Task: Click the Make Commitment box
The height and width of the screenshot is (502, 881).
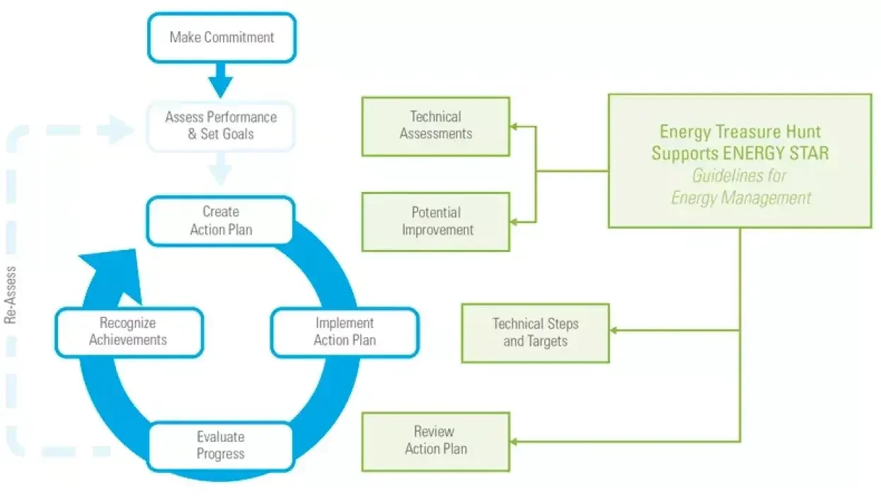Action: pyautogui.click(x=221, y=37)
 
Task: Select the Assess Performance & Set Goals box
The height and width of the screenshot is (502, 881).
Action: pyautogui.click(x=221, y=125)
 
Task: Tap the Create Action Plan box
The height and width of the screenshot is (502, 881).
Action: pyautogui.click(x=220, y=220)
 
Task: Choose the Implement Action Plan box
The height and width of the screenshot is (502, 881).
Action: pyautogui.click(x=345, y=331)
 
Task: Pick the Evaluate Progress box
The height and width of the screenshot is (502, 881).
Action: pyautogui.click(x=220, y=445)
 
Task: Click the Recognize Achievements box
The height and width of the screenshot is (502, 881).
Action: pyautogui.click(x=128, y=331)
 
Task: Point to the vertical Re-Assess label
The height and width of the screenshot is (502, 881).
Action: pyautogui.click(x=11, y=293)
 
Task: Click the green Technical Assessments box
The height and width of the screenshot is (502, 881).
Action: pyautogui.click(x=435, y=125)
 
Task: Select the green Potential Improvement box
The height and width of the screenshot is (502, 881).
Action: pyautogui.click(x=435, y=221)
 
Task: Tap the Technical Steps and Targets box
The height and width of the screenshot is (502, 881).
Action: pyautogui.click(x=535, y=332)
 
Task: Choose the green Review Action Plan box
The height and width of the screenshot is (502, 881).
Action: pyautogui.click(x=435, y=440)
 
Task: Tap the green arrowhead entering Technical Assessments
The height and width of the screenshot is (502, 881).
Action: pyautogui.click(x=514, y=127)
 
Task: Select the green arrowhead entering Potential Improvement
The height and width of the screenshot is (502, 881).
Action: pyautogui.click(x=514, y=222)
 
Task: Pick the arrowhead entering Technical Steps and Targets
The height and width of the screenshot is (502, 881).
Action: pyautogui.click(x=614, y=331)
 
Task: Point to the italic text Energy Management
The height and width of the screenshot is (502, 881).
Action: pyautogui.click(x=740, y=198)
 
